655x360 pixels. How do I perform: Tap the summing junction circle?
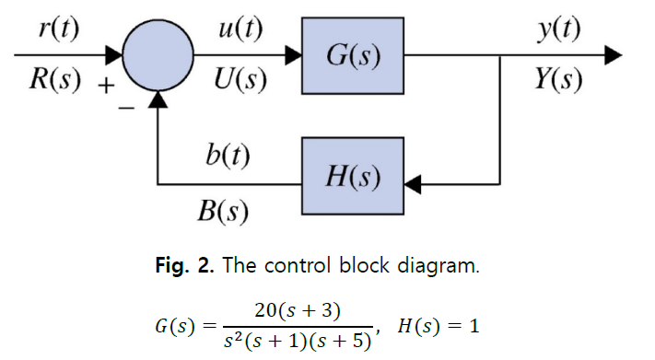(x=158, y=56)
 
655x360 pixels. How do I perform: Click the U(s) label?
(x=240, y=82)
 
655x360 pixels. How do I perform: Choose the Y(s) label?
(x=558, y=82)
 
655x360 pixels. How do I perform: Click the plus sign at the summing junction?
(x=106, y=89)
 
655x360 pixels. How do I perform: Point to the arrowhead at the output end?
(x=613, y=56)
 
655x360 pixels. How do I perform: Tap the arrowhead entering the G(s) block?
(x=293, y=56)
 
